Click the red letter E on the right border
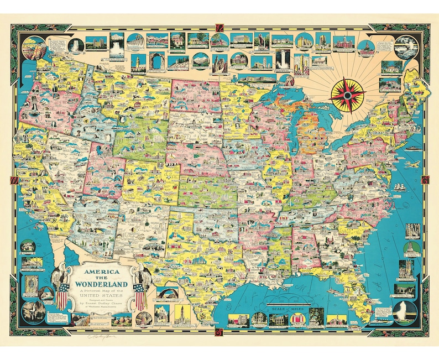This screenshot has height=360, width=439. [x=424, y=180]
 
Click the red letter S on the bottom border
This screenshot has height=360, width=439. [x=219, y=332]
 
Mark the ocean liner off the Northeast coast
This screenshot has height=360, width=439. [x=412, y=148]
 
